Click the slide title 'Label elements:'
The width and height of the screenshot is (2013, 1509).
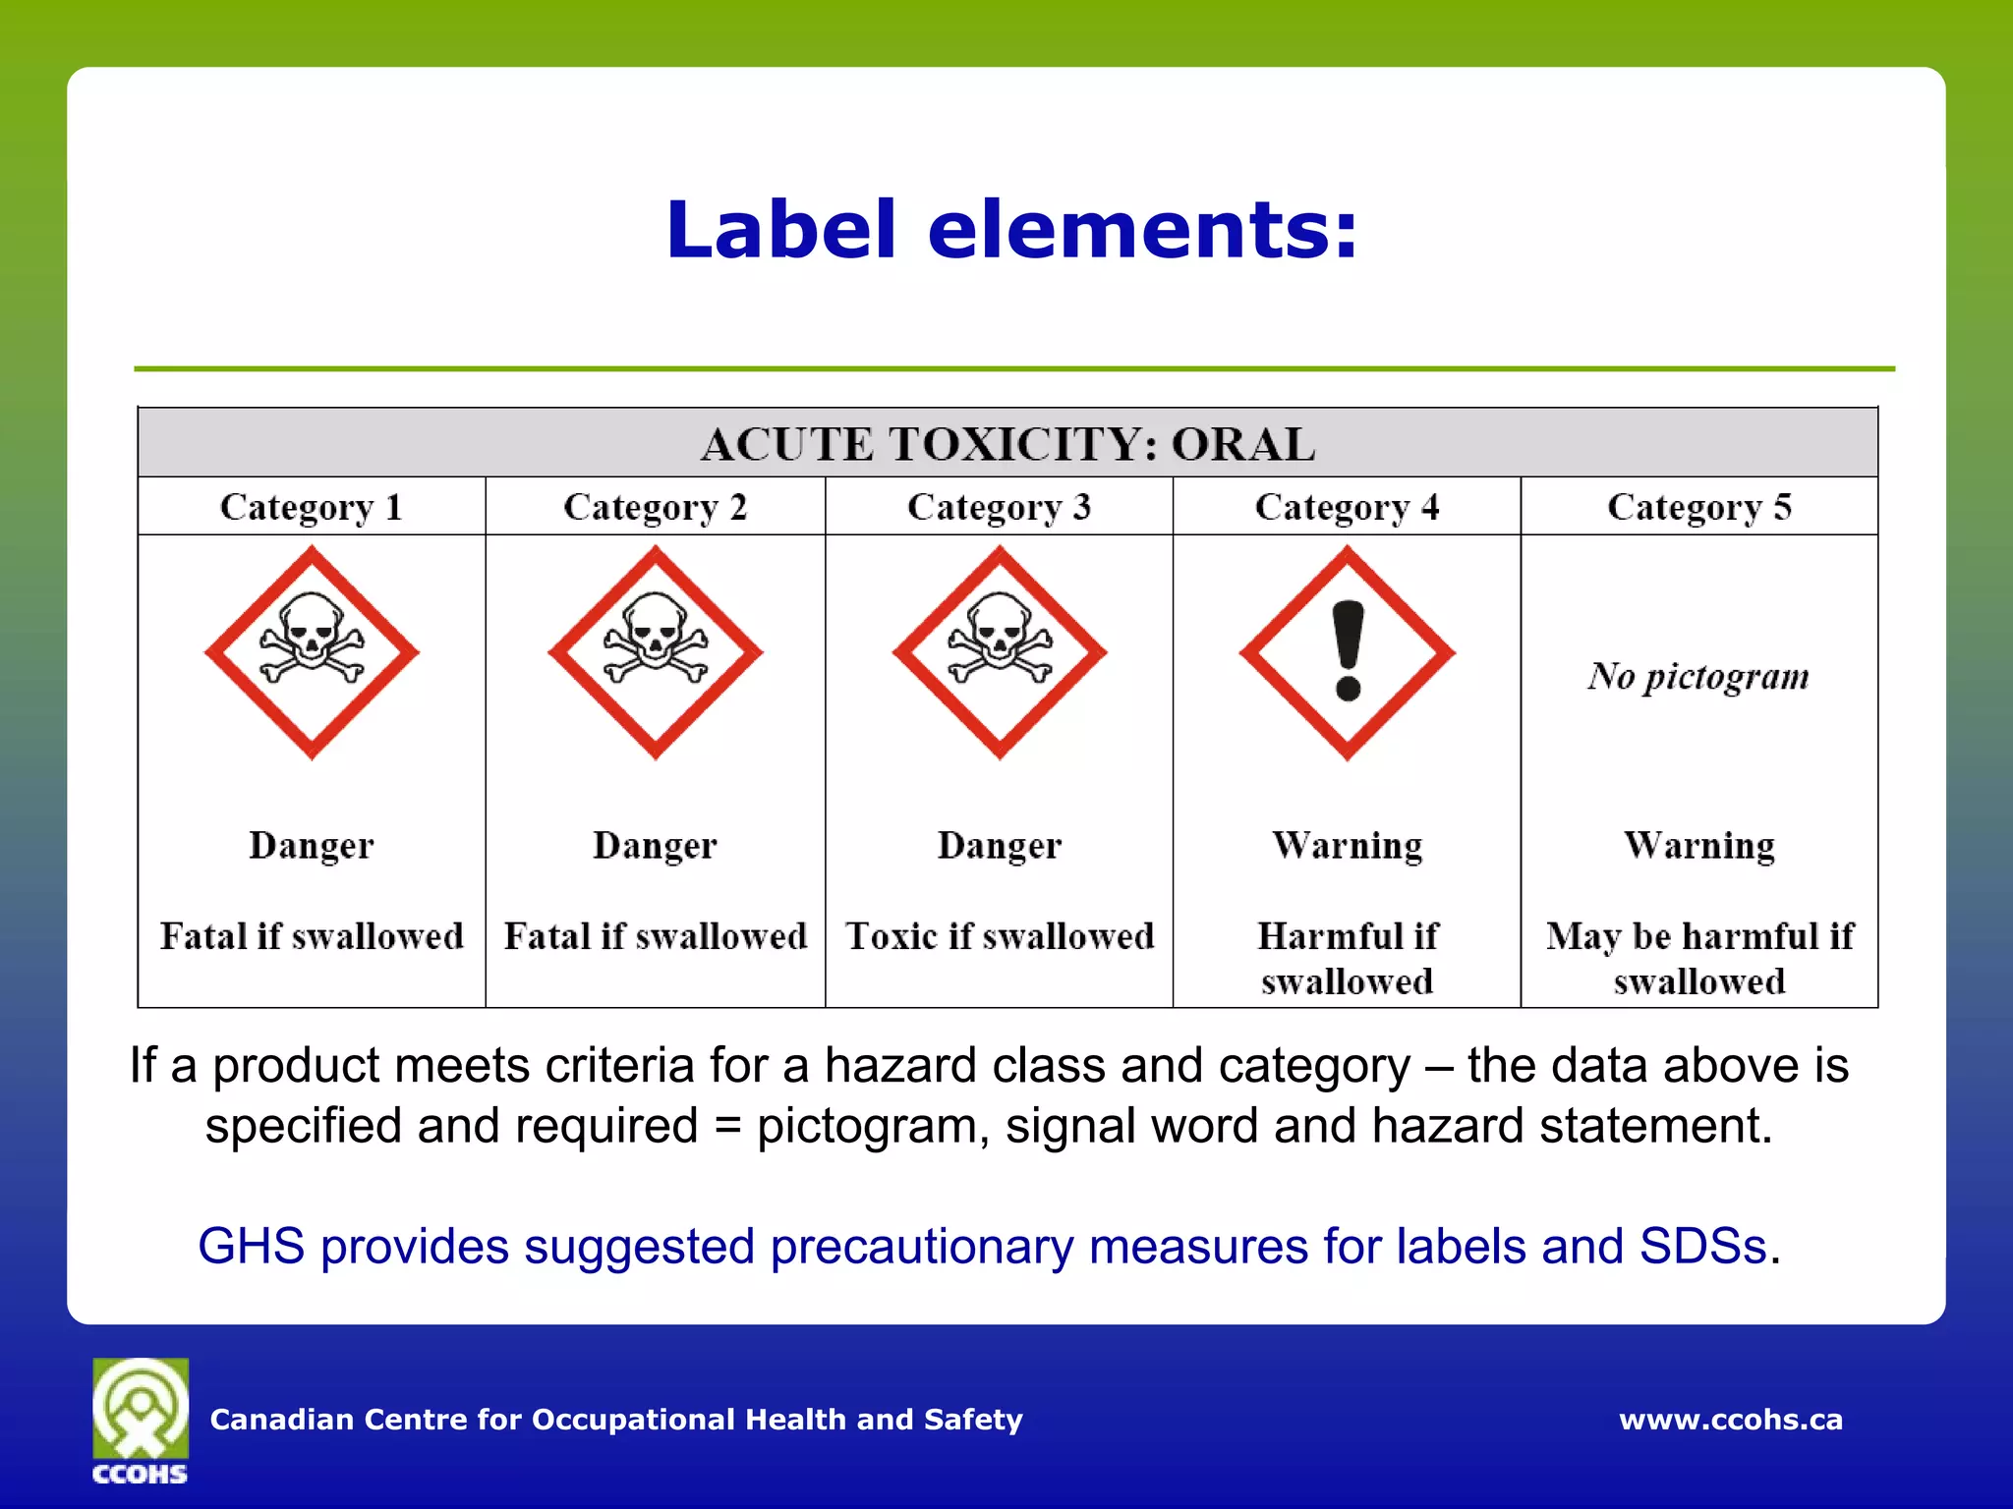(1011, 230)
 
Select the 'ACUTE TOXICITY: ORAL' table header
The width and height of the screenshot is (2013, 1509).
(1007, 444)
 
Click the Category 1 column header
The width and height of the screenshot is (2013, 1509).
(312, 507)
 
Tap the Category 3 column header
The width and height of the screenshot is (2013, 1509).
(999, 507)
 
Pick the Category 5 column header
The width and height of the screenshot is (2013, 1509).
(1699, 507)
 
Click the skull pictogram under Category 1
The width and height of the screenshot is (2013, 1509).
(312, 652)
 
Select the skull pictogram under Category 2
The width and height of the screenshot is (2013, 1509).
(656, 652)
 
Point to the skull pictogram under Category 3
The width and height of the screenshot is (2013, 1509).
(1000, 652)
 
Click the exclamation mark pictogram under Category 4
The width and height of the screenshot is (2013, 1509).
(1348, 652)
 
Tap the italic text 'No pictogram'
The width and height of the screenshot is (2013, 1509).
(1698, 677)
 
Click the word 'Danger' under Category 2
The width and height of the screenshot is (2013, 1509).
(656, 846)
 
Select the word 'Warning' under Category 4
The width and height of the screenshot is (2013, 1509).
(1348, 846)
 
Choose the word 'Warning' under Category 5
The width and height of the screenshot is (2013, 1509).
(1699, 846)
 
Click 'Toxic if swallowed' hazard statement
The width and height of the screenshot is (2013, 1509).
(1000, 936)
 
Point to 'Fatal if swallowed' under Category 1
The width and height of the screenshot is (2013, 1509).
(312, 936)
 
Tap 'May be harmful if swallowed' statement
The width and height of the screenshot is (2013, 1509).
(1699, 958)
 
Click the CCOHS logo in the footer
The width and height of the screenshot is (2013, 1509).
(141, 1421)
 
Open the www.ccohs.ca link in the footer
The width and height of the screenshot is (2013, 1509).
(1731, 1420)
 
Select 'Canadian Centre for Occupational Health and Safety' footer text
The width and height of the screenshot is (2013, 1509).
(616, 1420)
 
